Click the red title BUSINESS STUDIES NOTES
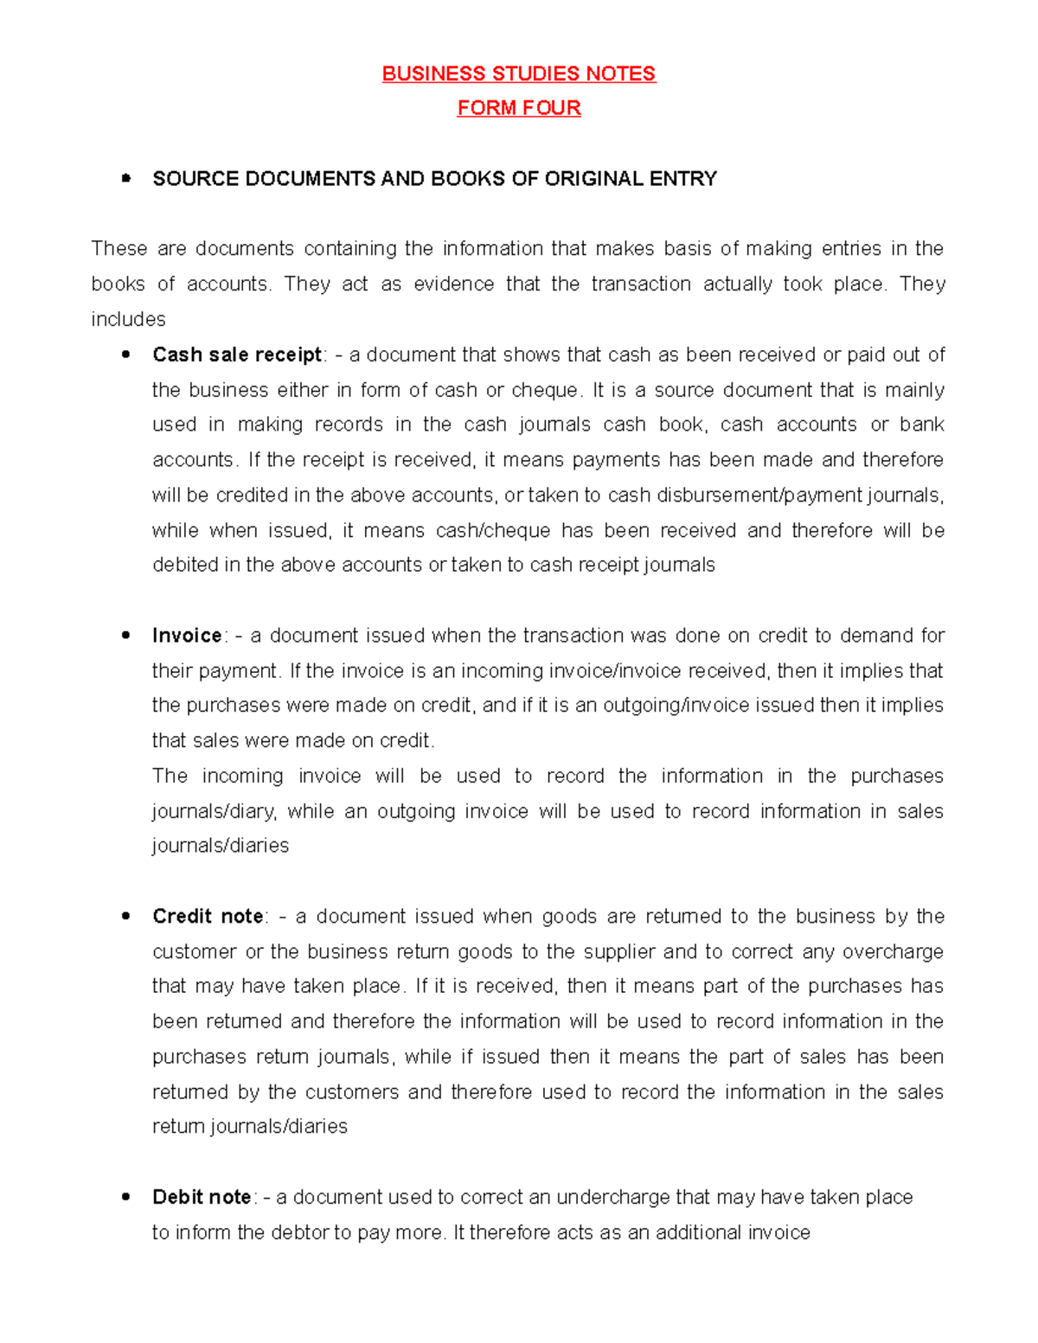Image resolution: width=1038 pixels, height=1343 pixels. [519, 74]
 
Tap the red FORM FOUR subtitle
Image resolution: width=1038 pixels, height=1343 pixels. [519, 108]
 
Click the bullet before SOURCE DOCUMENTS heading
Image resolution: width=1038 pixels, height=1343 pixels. [126, 179]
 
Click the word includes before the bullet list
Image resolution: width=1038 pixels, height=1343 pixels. [128, 320]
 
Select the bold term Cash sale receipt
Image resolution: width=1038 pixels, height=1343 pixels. [236, 355]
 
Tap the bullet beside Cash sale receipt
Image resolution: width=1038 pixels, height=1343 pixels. [126, 355]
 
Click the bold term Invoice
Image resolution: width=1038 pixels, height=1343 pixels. [187, 636]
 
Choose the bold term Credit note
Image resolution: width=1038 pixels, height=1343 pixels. [208, 917]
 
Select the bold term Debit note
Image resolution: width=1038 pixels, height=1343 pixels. [202, 1198]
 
